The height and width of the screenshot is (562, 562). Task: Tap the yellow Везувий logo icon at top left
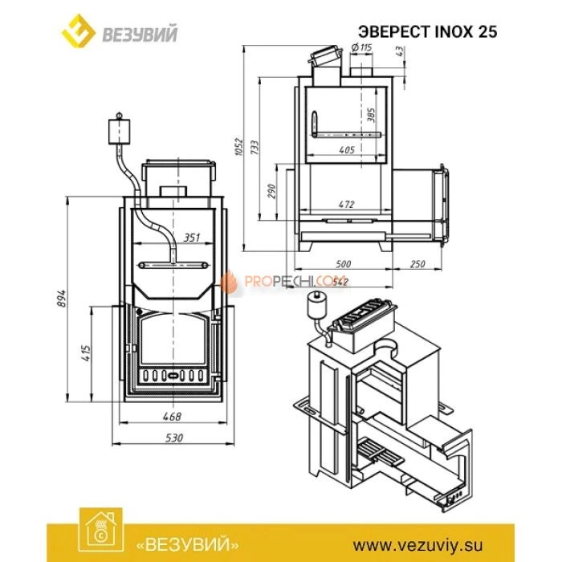(78, 32)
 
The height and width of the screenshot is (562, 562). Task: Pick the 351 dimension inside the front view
(190, 237)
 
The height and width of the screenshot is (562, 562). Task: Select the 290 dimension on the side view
(271, 191)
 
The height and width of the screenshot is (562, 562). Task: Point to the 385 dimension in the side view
(370, 114)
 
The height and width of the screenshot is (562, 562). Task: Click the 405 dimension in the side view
(346, 150)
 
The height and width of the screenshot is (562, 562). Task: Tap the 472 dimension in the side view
(346, 205)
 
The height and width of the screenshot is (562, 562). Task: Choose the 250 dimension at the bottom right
(417, 264)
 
